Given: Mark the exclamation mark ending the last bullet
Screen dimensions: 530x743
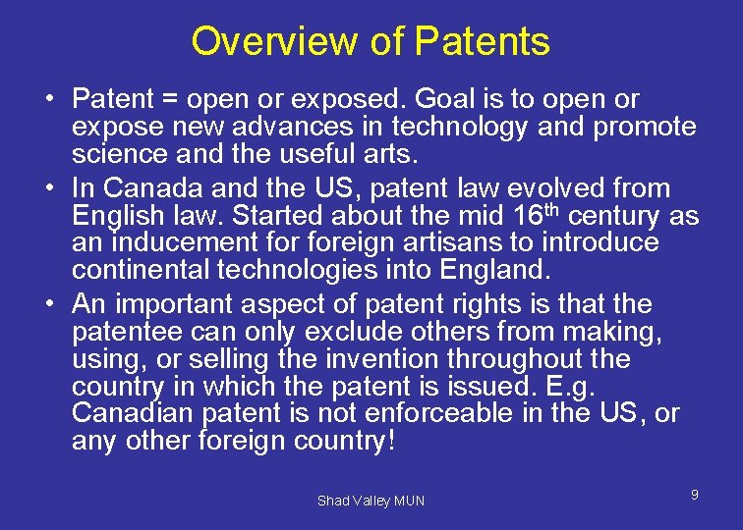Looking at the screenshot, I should click(x=391, y=441).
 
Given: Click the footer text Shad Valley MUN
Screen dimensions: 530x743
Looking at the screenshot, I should click(x=371, y=501).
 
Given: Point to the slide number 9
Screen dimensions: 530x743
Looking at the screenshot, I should click(x=694, y=495).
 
